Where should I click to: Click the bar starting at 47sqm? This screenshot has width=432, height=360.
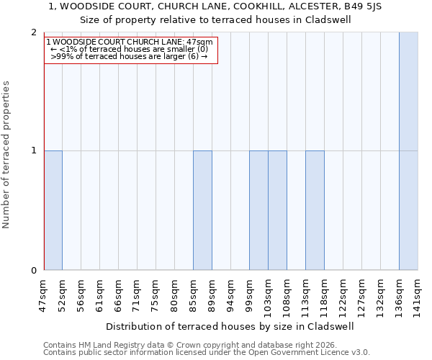click(53, 210)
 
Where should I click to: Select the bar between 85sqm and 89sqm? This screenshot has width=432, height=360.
click(202, 210)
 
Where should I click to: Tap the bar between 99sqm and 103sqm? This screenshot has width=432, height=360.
click(258, 210)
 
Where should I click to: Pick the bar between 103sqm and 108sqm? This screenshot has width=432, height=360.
click(277, 210)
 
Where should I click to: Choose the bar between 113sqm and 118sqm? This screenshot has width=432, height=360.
click(315, 210)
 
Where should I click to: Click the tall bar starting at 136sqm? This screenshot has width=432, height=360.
click(408, 151)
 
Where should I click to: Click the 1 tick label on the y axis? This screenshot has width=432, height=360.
click(34, 150)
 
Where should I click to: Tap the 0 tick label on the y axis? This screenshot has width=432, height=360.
click(34, 271)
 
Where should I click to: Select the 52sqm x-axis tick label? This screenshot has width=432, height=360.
click(63, 294)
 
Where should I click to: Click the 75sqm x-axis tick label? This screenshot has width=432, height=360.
click(156, 294)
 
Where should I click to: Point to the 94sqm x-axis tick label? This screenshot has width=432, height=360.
click(231, 294)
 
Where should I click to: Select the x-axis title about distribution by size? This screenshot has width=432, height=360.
click(229, 326)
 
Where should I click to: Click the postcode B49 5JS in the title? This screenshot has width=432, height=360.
click(362, 6)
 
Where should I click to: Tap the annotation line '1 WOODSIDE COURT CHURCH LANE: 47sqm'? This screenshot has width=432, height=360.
click(130, 42)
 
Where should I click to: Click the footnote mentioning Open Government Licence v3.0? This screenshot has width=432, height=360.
click(207, 352)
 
